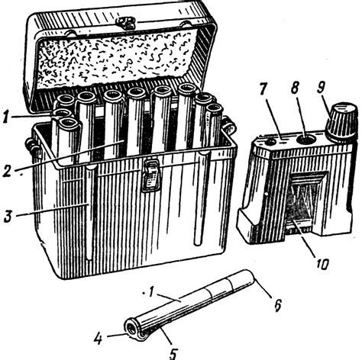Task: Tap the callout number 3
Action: pos(8,217)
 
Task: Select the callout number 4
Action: pos(98,339)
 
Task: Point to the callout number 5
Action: pos(173,353)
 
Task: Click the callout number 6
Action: pos(277,305)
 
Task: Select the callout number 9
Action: pos(322,87)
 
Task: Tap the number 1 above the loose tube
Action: pos(150,293)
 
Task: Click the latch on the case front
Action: pos(151,175)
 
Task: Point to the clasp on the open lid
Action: pos(125,23)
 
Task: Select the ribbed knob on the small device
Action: pos(342,121)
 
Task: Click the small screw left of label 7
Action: pos(269,141)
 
